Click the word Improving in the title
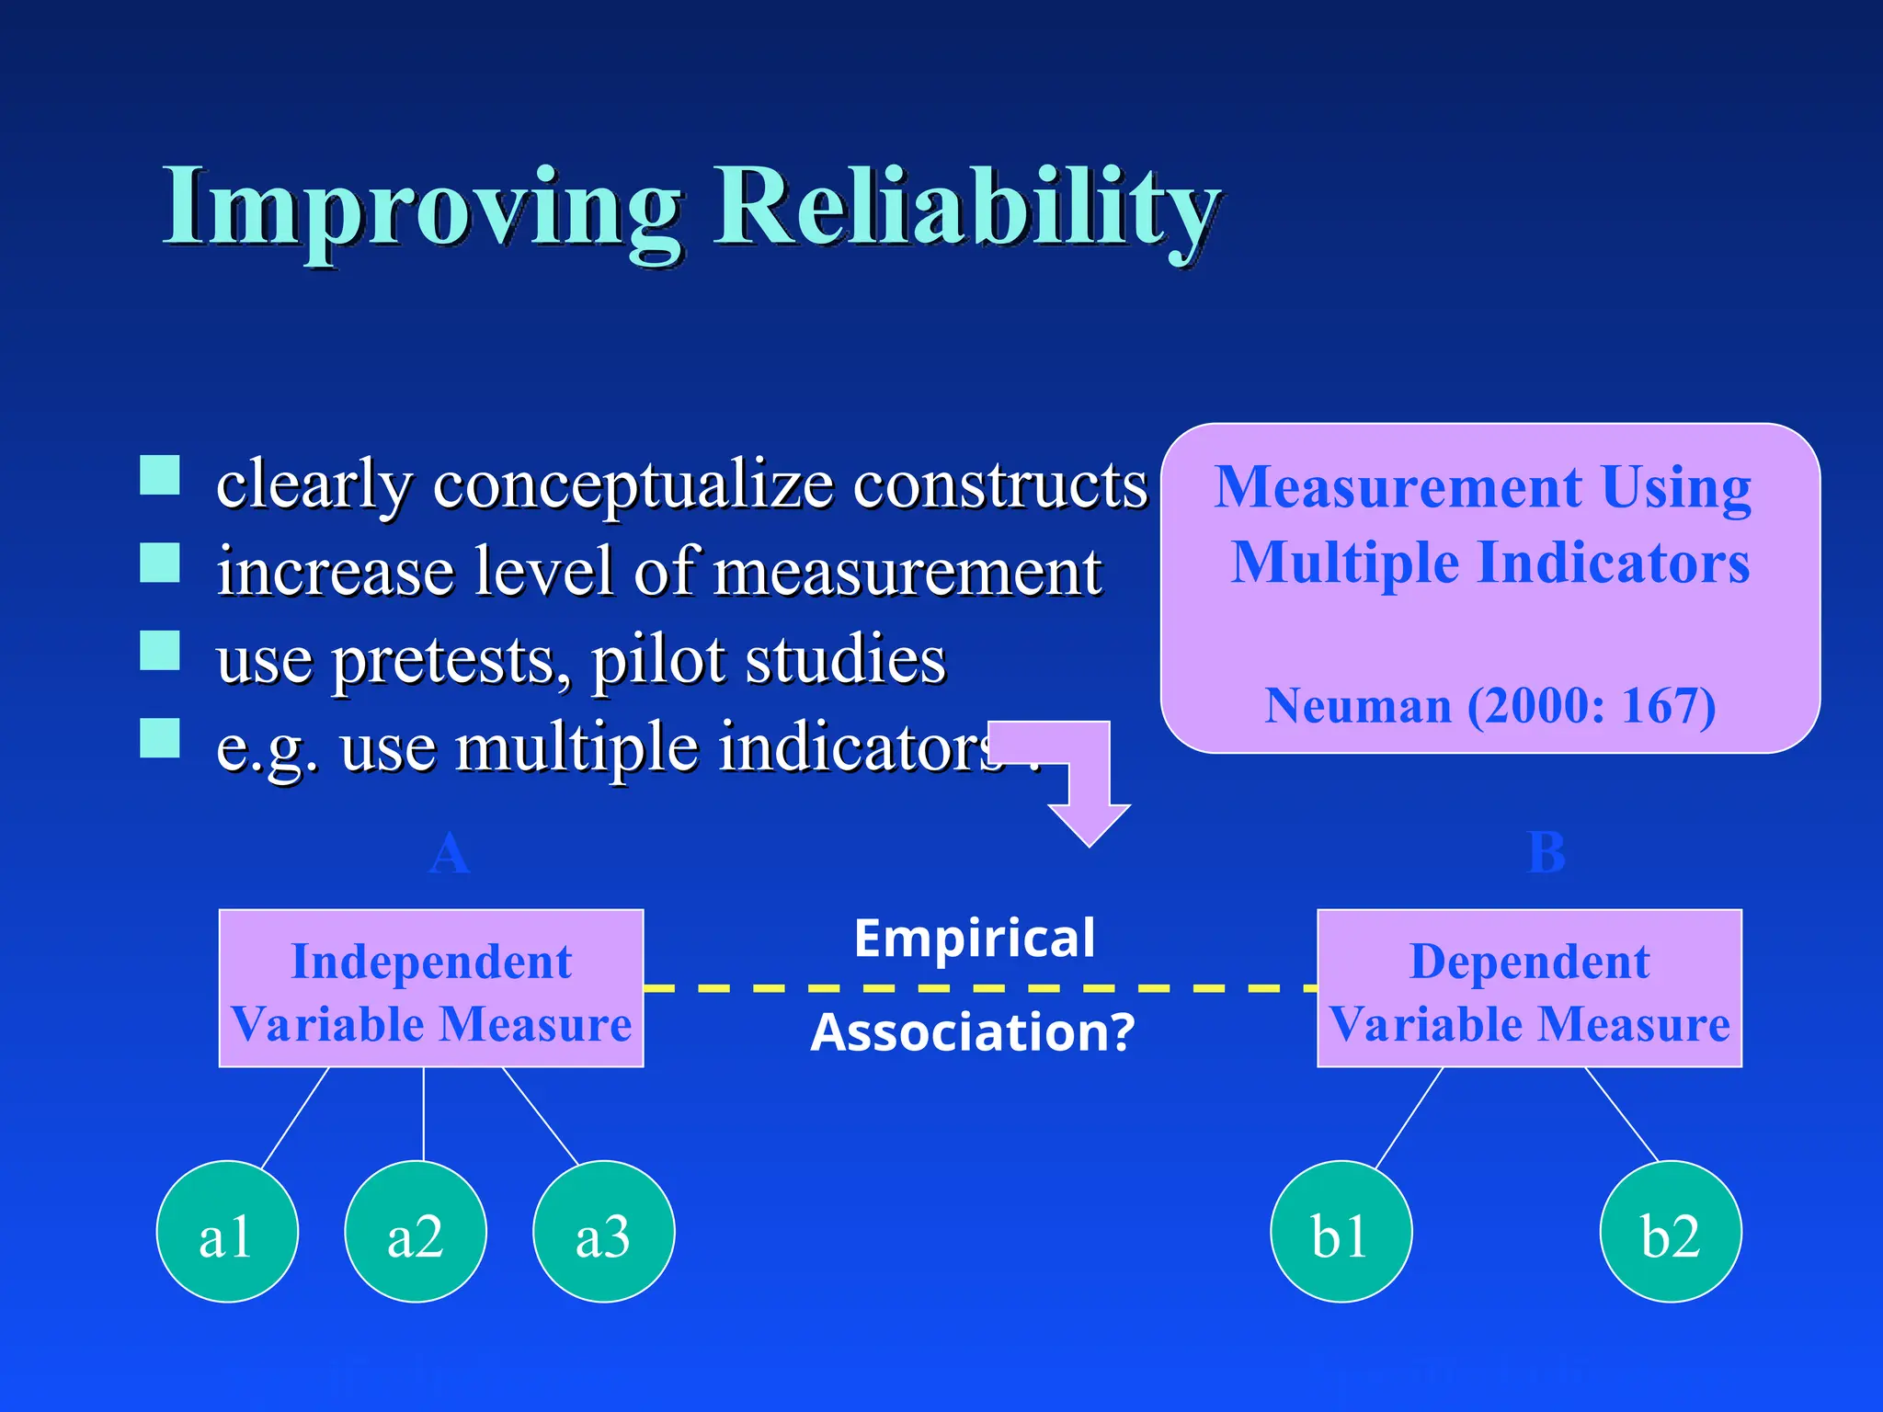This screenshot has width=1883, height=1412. (423, 210)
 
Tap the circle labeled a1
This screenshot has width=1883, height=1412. (227, 1232)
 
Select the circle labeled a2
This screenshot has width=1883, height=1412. (416, 1232)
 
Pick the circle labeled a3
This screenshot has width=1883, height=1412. (604, 1232)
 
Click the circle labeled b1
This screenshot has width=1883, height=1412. (1341, 1232)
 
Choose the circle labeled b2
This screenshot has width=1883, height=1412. (1671, 1232)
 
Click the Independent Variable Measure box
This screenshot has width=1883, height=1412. (431, 988)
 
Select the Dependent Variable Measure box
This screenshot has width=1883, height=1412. (1529, 988)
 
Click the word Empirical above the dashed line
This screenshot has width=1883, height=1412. (975, 939)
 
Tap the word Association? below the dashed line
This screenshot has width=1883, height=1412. (973, 1032)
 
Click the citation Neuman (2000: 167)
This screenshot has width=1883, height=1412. (1489, 706)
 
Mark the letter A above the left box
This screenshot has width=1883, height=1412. (450, 854)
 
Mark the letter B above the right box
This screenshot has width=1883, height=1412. (1546, 853)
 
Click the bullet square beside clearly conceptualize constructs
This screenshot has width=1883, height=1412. (160, 476)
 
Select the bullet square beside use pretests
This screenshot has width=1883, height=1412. (160, 650)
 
